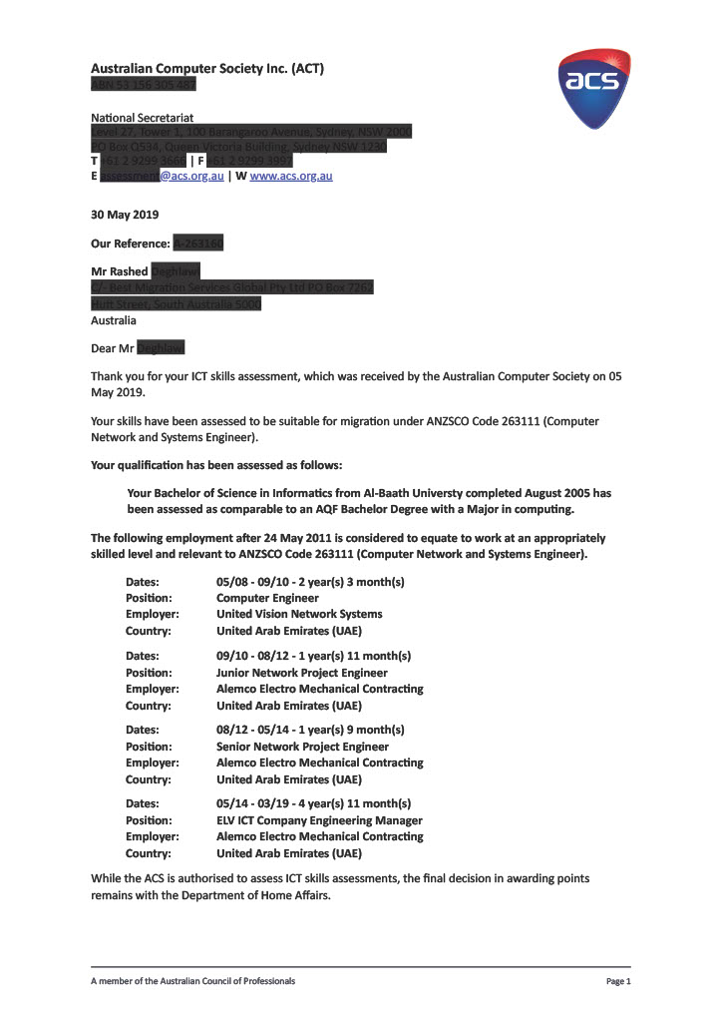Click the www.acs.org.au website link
pos(290,176)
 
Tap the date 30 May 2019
pos(124,215)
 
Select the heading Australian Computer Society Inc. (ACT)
pos(206,69)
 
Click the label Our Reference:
pos(131,243)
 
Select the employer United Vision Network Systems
pos(299,614)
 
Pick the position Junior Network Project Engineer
pos(302,673)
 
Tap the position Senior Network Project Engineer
pos(302,747)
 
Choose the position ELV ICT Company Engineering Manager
pos(319,820)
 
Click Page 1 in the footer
pos(618,982)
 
